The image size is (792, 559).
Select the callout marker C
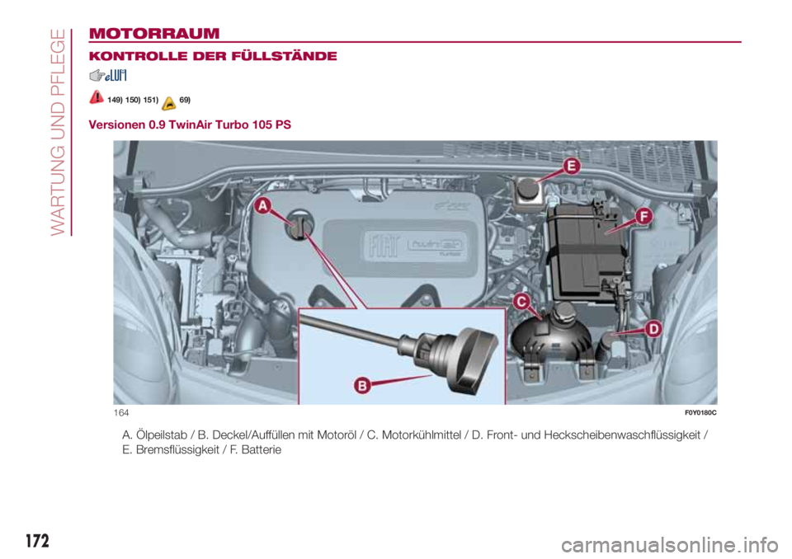tap(521, 302)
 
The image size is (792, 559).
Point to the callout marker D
tap(653, 329)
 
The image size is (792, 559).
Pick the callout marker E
tap(572, 167)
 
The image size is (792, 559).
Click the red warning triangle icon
tap(97, 98)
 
